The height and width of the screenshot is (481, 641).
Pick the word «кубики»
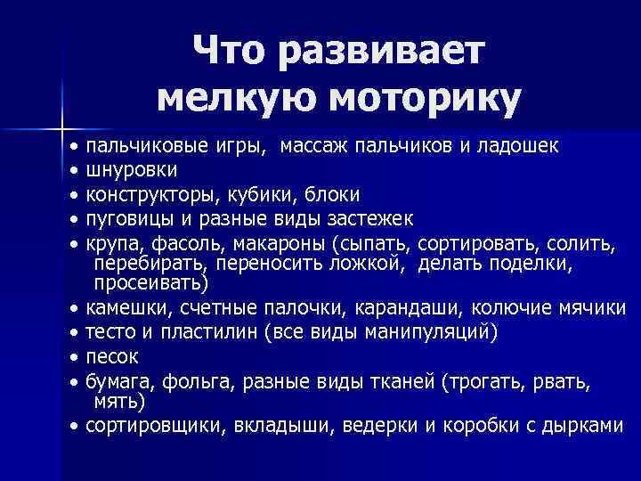240,194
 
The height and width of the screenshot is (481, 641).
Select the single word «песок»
111,356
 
